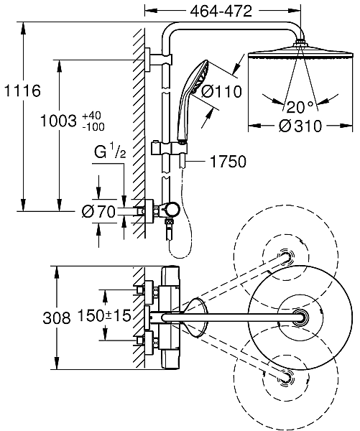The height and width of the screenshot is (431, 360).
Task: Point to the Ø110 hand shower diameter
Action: point(220,91)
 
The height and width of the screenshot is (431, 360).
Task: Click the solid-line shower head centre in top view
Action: point(300,317)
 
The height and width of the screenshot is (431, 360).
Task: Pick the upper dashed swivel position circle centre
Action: point(287,257)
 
